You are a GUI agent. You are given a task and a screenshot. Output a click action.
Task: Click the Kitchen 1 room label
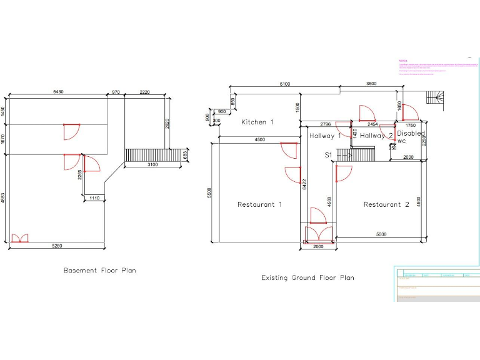257,122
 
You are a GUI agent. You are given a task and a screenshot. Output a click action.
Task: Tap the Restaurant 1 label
259,204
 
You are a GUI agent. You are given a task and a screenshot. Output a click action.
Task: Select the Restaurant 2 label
386,204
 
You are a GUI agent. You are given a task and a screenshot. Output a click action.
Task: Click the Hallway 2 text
377,136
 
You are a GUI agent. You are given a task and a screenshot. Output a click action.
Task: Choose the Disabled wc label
409,137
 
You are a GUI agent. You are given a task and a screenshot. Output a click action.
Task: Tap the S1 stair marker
328,154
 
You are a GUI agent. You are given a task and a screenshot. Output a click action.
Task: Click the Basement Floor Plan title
99,271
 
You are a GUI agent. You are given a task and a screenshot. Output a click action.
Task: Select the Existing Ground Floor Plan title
307,277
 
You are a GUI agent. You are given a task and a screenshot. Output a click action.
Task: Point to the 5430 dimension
57,92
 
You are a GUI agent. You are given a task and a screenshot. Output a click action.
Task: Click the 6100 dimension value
284,84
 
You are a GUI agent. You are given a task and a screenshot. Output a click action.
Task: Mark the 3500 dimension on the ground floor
371,84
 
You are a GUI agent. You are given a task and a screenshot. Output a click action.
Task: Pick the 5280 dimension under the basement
57,247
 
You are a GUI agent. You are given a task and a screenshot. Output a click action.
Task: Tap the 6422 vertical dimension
304,184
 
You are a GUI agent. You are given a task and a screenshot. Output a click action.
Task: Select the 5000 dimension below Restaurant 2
381,234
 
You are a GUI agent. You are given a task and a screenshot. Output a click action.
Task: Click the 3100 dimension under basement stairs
152,165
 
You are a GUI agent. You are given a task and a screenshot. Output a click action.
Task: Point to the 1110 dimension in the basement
94,198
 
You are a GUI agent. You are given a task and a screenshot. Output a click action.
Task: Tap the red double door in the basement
20,238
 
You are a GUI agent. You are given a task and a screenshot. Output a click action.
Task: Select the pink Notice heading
403,61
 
